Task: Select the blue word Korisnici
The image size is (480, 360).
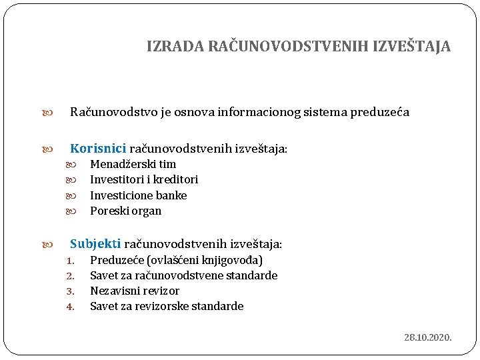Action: (98, 148)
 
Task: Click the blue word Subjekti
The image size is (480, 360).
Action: (95, 244)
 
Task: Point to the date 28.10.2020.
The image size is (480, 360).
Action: (427, 337)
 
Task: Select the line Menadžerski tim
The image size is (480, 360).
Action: (133, 164)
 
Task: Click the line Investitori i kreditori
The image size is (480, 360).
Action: (144, 179)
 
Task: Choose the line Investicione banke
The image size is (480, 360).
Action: (138, 195)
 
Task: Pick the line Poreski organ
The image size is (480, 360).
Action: (125, 211)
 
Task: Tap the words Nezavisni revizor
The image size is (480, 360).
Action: (134, 291)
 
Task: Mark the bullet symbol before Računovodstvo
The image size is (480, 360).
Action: (54, 113)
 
